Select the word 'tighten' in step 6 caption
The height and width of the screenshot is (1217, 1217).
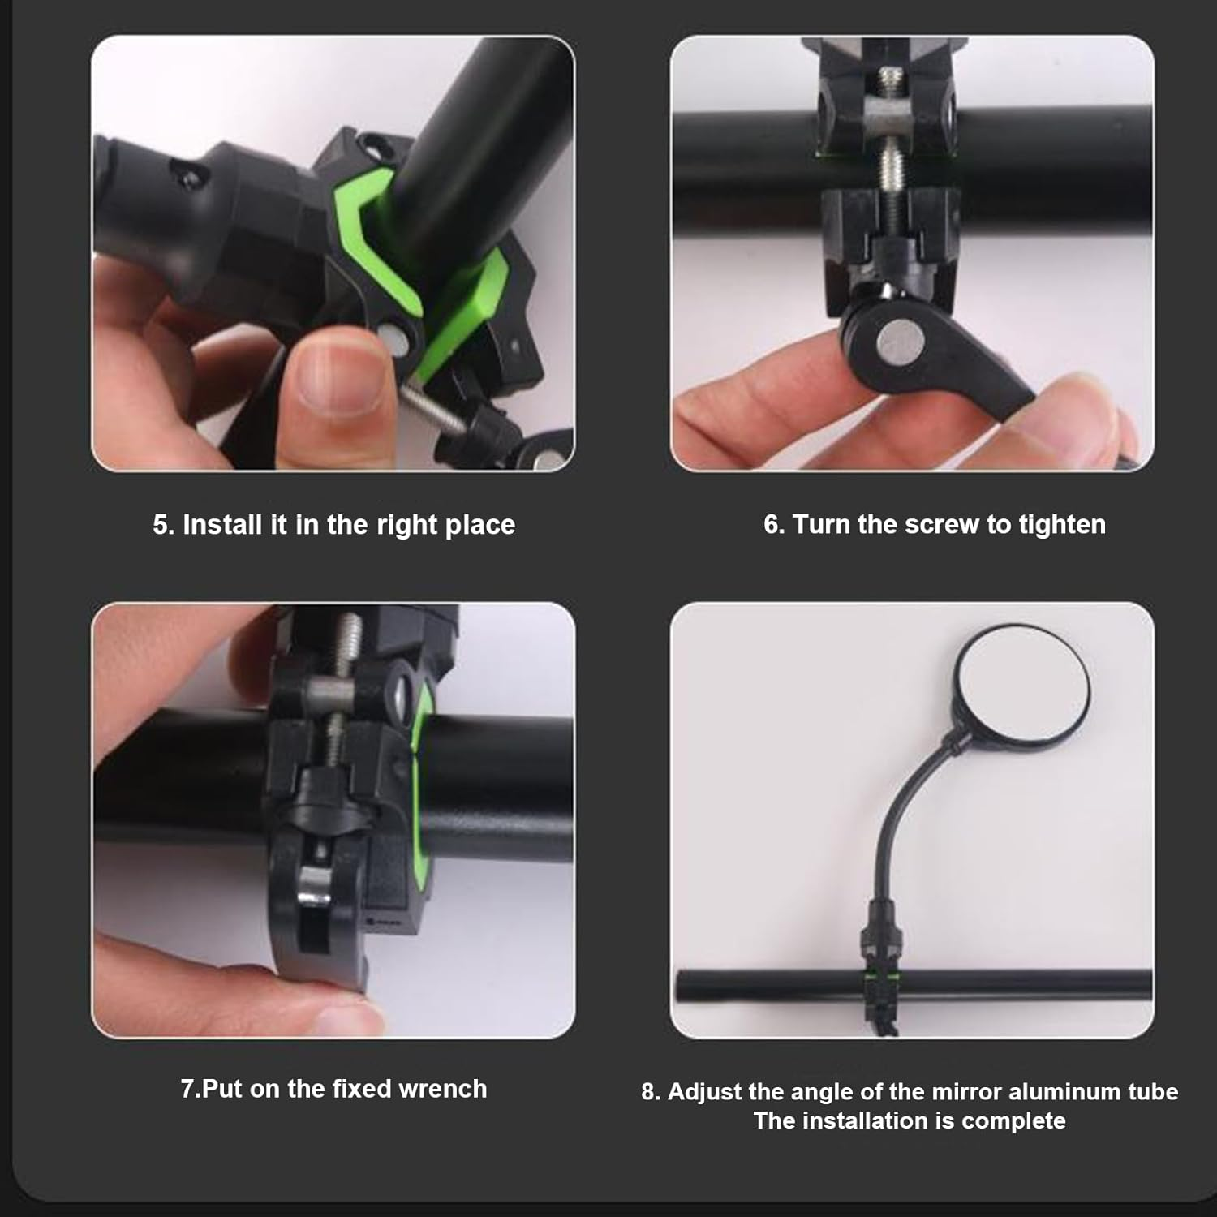tap(1062, 524)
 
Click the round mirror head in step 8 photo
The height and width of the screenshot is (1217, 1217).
tap(1021, 686)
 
